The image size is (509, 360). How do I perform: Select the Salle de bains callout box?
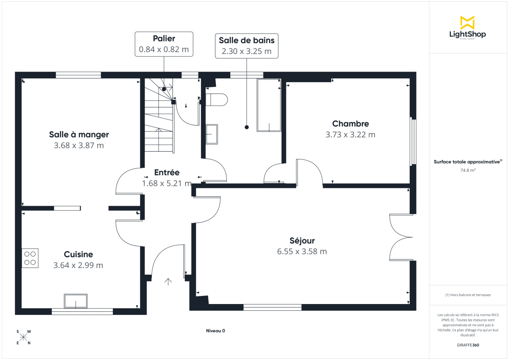coord(246,46)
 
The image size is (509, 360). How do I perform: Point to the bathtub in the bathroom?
coord(268,105)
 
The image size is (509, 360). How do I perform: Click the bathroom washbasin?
coord(212,134)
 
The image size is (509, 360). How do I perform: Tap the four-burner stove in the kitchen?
coord(30,258)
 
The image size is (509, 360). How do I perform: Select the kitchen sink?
coord(76,301)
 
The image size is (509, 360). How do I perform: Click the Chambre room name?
coord(350,124)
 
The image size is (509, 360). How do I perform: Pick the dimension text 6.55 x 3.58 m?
coord(302,251)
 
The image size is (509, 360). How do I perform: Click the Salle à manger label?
coord(79,134)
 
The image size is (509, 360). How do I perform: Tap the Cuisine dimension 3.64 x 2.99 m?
coord(78,265)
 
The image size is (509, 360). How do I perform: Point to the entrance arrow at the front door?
coord(168,282)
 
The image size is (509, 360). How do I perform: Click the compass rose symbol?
coord(24,338)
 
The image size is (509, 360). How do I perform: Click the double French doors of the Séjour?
coord(401,237)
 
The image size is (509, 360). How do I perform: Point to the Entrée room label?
coord(167,173)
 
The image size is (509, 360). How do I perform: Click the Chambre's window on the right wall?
coord(413,142)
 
